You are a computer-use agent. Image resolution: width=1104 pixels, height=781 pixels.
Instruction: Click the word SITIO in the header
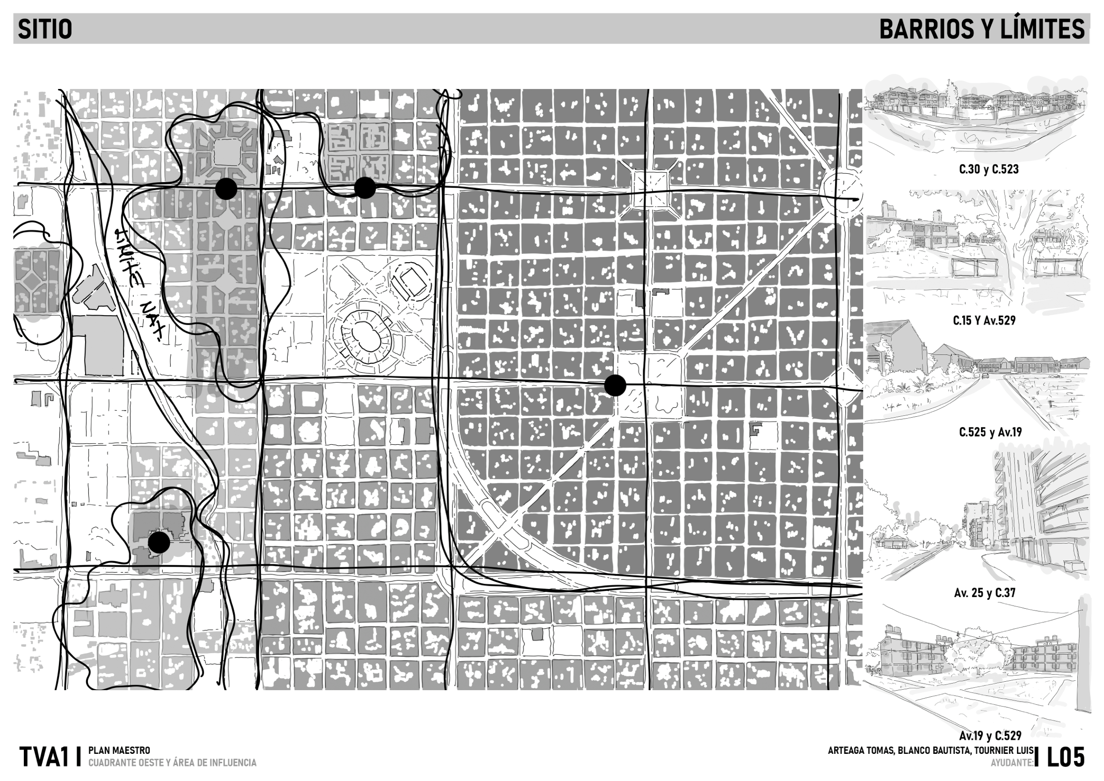tap(45, 29)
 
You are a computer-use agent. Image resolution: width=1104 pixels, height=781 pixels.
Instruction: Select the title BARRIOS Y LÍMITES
tap(982, 29)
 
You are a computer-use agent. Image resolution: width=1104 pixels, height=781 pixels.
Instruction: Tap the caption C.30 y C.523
tap(988, 169)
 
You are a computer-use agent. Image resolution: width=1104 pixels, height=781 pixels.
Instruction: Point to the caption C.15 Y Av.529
tap(984, 320)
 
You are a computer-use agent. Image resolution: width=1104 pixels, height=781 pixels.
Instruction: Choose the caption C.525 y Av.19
tap(989, 432)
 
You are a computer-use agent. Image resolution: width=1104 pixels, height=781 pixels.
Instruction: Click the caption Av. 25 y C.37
tap(985, 592)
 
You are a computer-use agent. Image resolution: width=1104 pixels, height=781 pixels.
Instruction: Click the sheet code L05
tap(1066, 758)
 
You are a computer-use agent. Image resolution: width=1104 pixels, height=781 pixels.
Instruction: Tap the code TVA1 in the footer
tap(44, 758)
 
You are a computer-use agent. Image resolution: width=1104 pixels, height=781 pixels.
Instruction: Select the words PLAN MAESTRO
tap(119, 751)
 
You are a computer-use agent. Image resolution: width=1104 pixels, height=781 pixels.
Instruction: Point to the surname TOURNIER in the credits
tap(1000, 751)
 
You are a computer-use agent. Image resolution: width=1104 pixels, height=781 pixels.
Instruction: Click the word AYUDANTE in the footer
tap(1011, 763)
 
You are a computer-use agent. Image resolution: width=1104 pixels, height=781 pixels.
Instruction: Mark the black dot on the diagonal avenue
tap(615, 385)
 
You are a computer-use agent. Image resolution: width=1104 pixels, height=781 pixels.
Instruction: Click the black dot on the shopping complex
tap(159, 542)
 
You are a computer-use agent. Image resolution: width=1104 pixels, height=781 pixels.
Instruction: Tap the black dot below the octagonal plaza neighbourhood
tap(226, 189)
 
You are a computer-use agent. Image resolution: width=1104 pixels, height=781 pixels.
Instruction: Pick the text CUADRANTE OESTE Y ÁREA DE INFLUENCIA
tap(172, 763)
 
